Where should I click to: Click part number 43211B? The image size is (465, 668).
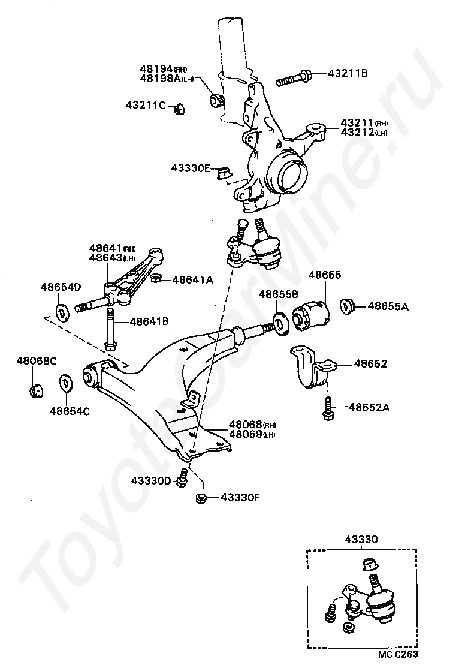[x=348, y=74]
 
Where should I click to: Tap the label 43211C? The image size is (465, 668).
[x=146, y=106]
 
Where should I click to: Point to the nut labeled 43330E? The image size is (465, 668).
[x=224, y=171]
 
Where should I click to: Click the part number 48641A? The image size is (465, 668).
[x=193, y=279]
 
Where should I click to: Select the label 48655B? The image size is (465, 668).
[x=279, y=294]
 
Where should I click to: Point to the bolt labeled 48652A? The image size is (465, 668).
[x=328, y=408]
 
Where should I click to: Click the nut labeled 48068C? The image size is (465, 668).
[x=36, y=389]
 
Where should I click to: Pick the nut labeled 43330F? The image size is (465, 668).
[x=201, y=497]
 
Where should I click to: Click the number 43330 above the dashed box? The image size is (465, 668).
[x=361, y=540]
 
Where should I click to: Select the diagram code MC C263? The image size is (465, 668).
[x=398, y=655]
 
